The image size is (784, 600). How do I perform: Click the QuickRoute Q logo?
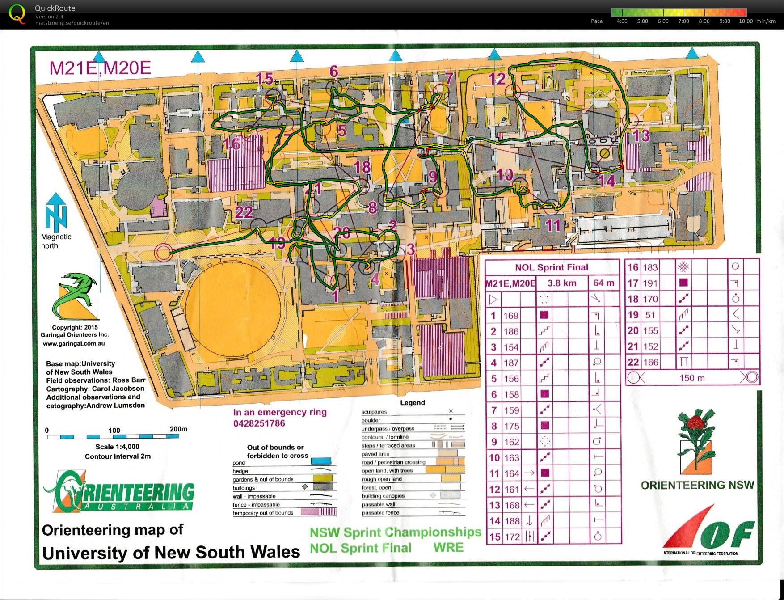tap(17, 14)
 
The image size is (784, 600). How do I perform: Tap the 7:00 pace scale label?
tap(683, 21)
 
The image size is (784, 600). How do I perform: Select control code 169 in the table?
tap(511, 316)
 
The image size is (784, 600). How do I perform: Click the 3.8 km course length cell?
tap(562, 283)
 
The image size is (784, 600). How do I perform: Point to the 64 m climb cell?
tap(604, 283)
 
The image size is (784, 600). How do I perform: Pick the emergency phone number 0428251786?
tap(259, 423)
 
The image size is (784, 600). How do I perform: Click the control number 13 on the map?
tap(642, 135)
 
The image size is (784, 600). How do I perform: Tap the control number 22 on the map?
tap(244, 212)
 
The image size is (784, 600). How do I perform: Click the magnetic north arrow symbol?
tap(56, 212)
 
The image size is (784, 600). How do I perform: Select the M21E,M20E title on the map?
tap(100, 68)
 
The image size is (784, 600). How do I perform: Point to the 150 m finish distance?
tap(692, 378)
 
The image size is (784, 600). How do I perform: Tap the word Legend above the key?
tap(412, 402)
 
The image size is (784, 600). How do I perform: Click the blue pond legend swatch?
tap(321, 461)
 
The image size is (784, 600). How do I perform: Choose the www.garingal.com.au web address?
tap(74, 344)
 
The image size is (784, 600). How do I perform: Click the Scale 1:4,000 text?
tap(117, 447)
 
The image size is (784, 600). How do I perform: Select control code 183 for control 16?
tap(650, 267)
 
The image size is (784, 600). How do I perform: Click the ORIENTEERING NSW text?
tap(697, 485)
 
